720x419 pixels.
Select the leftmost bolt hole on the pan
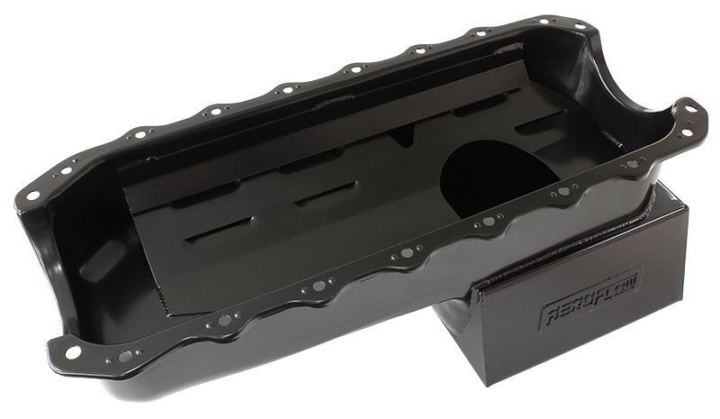(x=33, y=195)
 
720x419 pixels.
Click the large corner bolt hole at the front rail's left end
(x=72, y=351)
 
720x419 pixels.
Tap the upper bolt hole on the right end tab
(x=689, y=110)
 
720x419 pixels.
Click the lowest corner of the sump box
(x=515, y=384)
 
